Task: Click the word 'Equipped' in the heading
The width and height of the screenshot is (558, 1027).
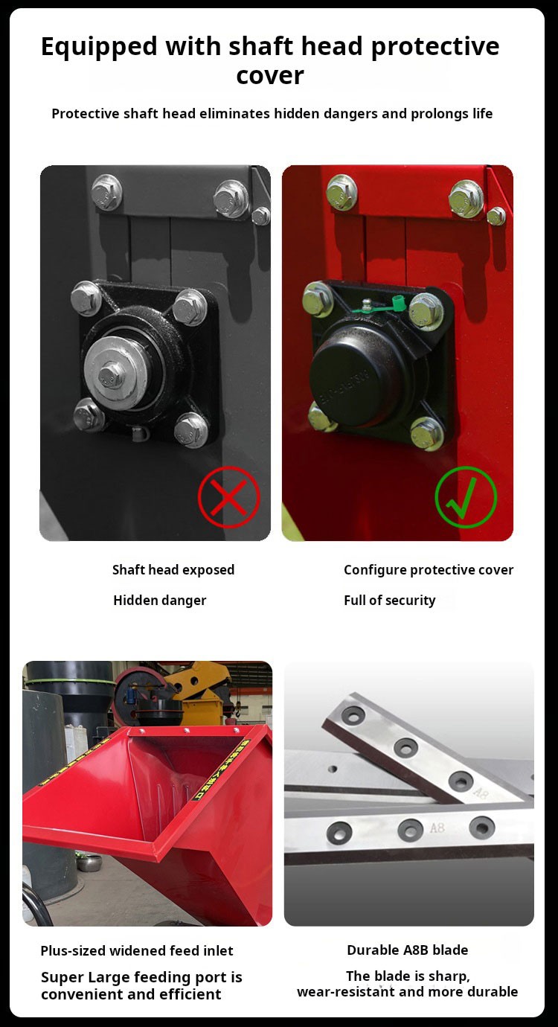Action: click(x=99, y=47)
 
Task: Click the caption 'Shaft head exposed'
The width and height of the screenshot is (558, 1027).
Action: click(x=173, y=570)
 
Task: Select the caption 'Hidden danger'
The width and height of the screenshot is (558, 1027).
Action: click(x=159, y=600)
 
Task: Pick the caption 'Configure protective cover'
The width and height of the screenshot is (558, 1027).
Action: click(x=429, y=570)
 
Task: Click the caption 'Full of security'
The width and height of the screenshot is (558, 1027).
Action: click(x=390, y=600)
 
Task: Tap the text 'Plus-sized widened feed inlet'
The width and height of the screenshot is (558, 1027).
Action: click(x=137, y=950)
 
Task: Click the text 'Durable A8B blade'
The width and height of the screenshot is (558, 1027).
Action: click(x=408, y=950)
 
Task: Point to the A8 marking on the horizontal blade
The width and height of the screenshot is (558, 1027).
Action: click(x=437, y=828)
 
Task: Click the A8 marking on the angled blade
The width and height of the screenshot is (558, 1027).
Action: click(x=480, y=793)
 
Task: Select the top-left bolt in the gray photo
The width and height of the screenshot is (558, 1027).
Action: click(x=107, y=192)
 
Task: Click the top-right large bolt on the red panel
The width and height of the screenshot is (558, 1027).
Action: click(x=466, y=199)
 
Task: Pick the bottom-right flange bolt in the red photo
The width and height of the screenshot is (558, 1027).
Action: click(x=427, y=433)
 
